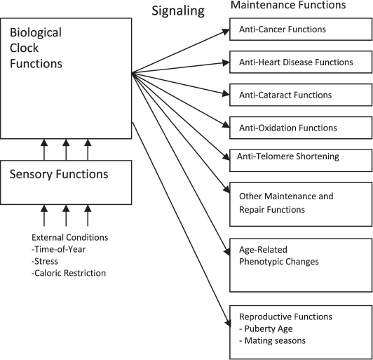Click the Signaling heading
click(178, 11)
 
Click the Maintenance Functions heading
click(288, 6)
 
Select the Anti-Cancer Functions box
click(301, 30)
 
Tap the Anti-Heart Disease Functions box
click(301, 62)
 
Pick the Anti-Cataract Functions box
click(301, 95)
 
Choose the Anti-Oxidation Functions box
click(301, 128)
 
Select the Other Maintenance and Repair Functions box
click(301, 203)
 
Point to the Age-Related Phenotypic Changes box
click(301, 265)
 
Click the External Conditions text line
click(69, 237)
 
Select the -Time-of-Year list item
click(61, 249)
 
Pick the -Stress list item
click(46, 261)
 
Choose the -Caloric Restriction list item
click(69, 273)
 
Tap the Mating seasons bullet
click(274, 341)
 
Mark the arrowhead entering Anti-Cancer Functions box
click(226, 30)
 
